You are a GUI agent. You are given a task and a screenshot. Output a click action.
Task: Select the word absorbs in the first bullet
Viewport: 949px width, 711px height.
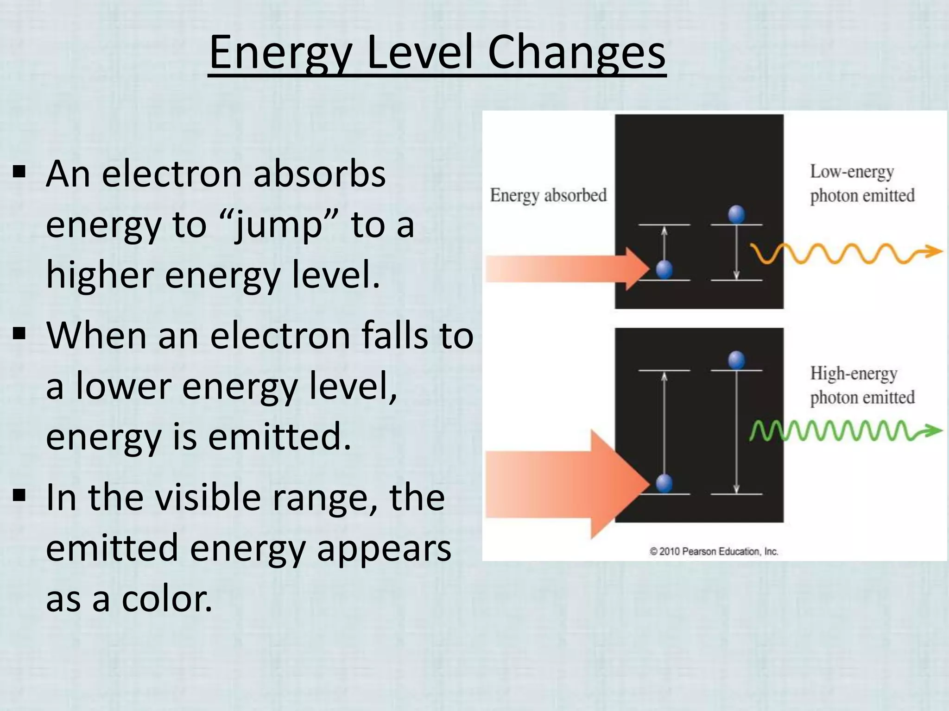pyautogui.click(x=320, y=175)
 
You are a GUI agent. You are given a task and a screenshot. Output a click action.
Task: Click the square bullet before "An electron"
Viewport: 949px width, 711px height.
pyautogui.click(x=19, y=173)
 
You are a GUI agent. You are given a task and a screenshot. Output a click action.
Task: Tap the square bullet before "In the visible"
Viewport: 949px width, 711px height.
pyautogui.click(x=19, y=496)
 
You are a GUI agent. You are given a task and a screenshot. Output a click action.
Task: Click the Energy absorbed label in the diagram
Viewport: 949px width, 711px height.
pyautogui.click(x=548, y=195)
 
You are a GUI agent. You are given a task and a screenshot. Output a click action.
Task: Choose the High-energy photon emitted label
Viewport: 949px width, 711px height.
pyautogui.click(x=862, y=386)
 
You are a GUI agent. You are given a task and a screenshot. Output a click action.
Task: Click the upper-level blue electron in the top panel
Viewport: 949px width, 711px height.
pyautogui.click(x=736, y=215)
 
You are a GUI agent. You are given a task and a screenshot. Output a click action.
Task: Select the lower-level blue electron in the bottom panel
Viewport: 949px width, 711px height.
pyautogui.click(x=664, y=484)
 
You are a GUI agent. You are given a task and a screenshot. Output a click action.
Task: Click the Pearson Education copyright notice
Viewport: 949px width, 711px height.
pyautogui.click(x=714, y=551)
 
